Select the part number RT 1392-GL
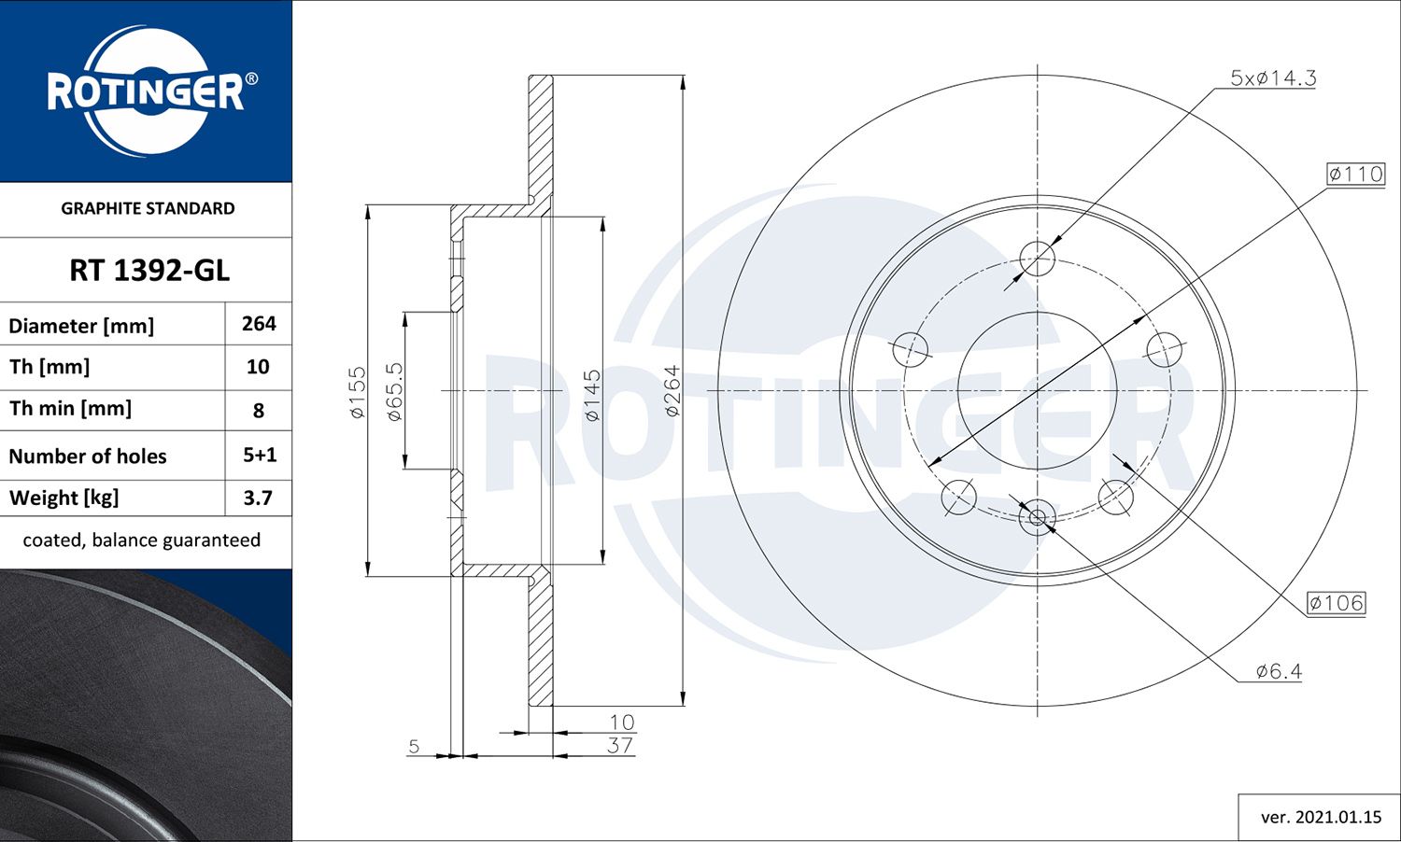(x=149, y=271)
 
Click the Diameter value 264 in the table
(x=259, y=324)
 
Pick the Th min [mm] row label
(x=70, y=409)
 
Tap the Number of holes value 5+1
(x=260, y=456)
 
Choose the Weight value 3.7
(x=258, y=498)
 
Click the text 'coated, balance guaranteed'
(x=142, y=540)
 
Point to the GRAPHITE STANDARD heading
(x=148, y=208)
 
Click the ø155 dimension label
(x=358, y=392)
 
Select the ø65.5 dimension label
(x=395, y=392)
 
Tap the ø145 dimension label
(x=593, y=396)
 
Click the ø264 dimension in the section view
(x=672, y=390)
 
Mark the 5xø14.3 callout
(x=1273, y=78)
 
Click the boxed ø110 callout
(x=1356, y=174)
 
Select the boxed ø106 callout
(x=1337, y=603)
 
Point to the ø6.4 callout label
(x=1279, y=671)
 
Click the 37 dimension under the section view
(x=620, y=746)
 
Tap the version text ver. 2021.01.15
(x=1321, y=818)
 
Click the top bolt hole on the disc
(x=1037, y=258)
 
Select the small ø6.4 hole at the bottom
(x=1037, y=516)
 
